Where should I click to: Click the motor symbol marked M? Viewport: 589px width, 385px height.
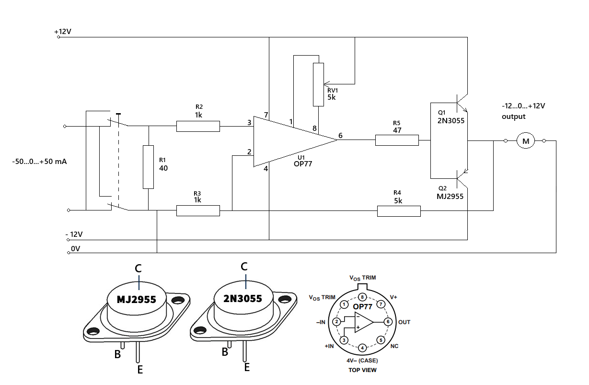click(526, 141)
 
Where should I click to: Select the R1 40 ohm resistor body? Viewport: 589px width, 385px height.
click(149, 167)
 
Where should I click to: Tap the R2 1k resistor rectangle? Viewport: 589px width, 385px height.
click(198, 127)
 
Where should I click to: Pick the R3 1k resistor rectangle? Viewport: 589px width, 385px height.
click(198, 210)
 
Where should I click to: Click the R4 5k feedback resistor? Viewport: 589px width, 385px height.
click(399, 210)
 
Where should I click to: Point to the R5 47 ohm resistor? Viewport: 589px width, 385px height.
click(397, 140)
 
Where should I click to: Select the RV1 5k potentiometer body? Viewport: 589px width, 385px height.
click(318, 84)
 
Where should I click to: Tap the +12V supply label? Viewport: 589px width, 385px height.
click(63, 32)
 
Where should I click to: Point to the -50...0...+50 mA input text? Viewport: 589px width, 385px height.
click(39, 162)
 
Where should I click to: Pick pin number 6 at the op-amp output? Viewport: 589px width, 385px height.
click(340, 136)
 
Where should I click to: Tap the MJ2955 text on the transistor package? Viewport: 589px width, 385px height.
click(137, 300)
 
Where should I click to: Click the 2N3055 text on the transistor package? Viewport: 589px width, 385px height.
click(243, 299)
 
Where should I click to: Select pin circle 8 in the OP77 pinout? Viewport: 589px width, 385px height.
click(362, 297)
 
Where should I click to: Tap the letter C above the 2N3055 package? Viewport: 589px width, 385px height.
click(244, 267)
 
